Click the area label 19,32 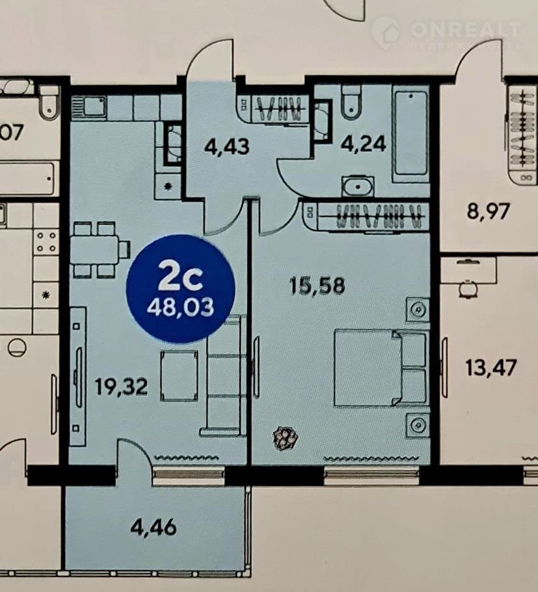pos(121,387)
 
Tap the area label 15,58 pos(317,286)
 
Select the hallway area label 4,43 pos(226,146)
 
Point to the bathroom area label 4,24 pos(363,144)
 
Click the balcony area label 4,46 pos(154,527)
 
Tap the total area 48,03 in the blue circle pos(180,307)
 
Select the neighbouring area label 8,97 pos(488,211)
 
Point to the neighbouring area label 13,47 pos(491,368)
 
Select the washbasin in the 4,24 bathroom pos(358,187)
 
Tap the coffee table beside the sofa pos(179,375)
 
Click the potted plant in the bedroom pos(286,438)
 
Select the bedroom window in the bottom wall pos(371,476)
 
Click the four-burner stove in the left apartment pos(46,242)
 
